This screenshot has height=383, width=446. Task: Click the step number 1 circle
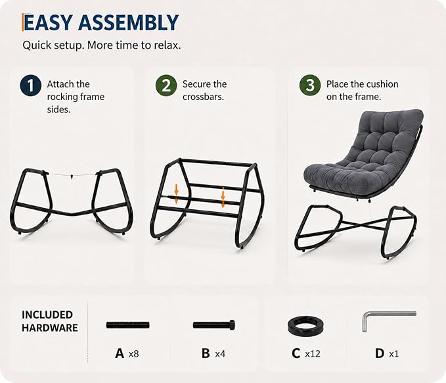click(x=31, y=85)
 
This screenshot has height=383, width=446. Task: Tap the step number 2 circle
click(x=166, y=85)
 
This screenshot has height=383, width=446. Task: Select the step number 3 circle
click(x=310, y=85)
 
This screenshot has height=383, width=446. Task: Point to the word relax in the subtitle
click(x=167, y=45)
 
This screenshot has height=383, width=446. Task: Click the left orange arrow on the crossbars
click(x=176, y=194)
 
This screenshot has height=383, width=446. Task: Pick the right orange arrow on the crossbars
click(x=223, y=197)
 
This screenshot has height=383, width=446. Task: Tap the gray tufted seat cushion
click(x=362, y=154)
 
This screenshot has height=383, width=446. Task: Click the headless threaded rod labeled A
click(x=127, y=325)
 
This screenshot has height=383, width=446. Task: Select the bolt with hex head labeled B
click(x=214, y=325)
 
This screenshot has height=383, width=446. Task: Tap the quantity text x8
click(x=134, y=354)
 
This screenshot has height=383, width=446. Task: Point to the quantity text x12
click(x=313, y=354)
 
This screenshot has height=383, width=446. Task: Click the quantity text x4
click(x=220, y=354)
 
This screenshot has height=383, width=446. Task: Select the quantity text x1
click(x=394, y=354)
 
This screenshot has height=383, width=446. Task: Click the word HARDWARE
click(x=50, y=328)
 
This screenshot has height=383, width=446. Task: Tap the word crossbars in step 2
click(x=203, y=97)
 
